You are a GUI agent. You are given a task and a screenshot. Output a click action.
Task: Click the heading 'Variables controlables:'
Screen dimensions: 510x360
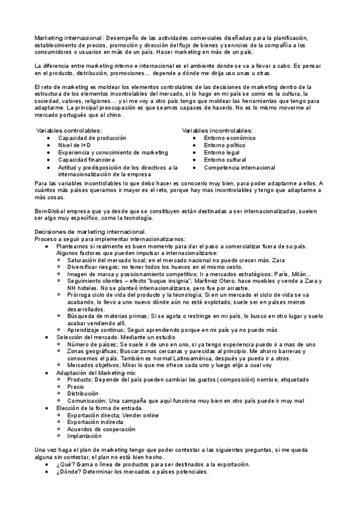(69, 130)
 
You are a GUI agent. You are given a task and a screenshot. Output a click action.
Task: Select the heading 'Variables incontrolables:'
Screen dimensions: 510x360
(217, 130)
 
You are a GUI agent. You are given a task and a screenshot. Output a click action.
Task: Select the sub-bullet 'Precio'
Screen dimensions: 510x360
(76, 386)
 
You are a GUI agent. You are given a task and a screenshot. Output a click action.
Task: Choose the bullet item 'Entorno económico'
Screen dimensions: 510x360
(230, 138)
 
